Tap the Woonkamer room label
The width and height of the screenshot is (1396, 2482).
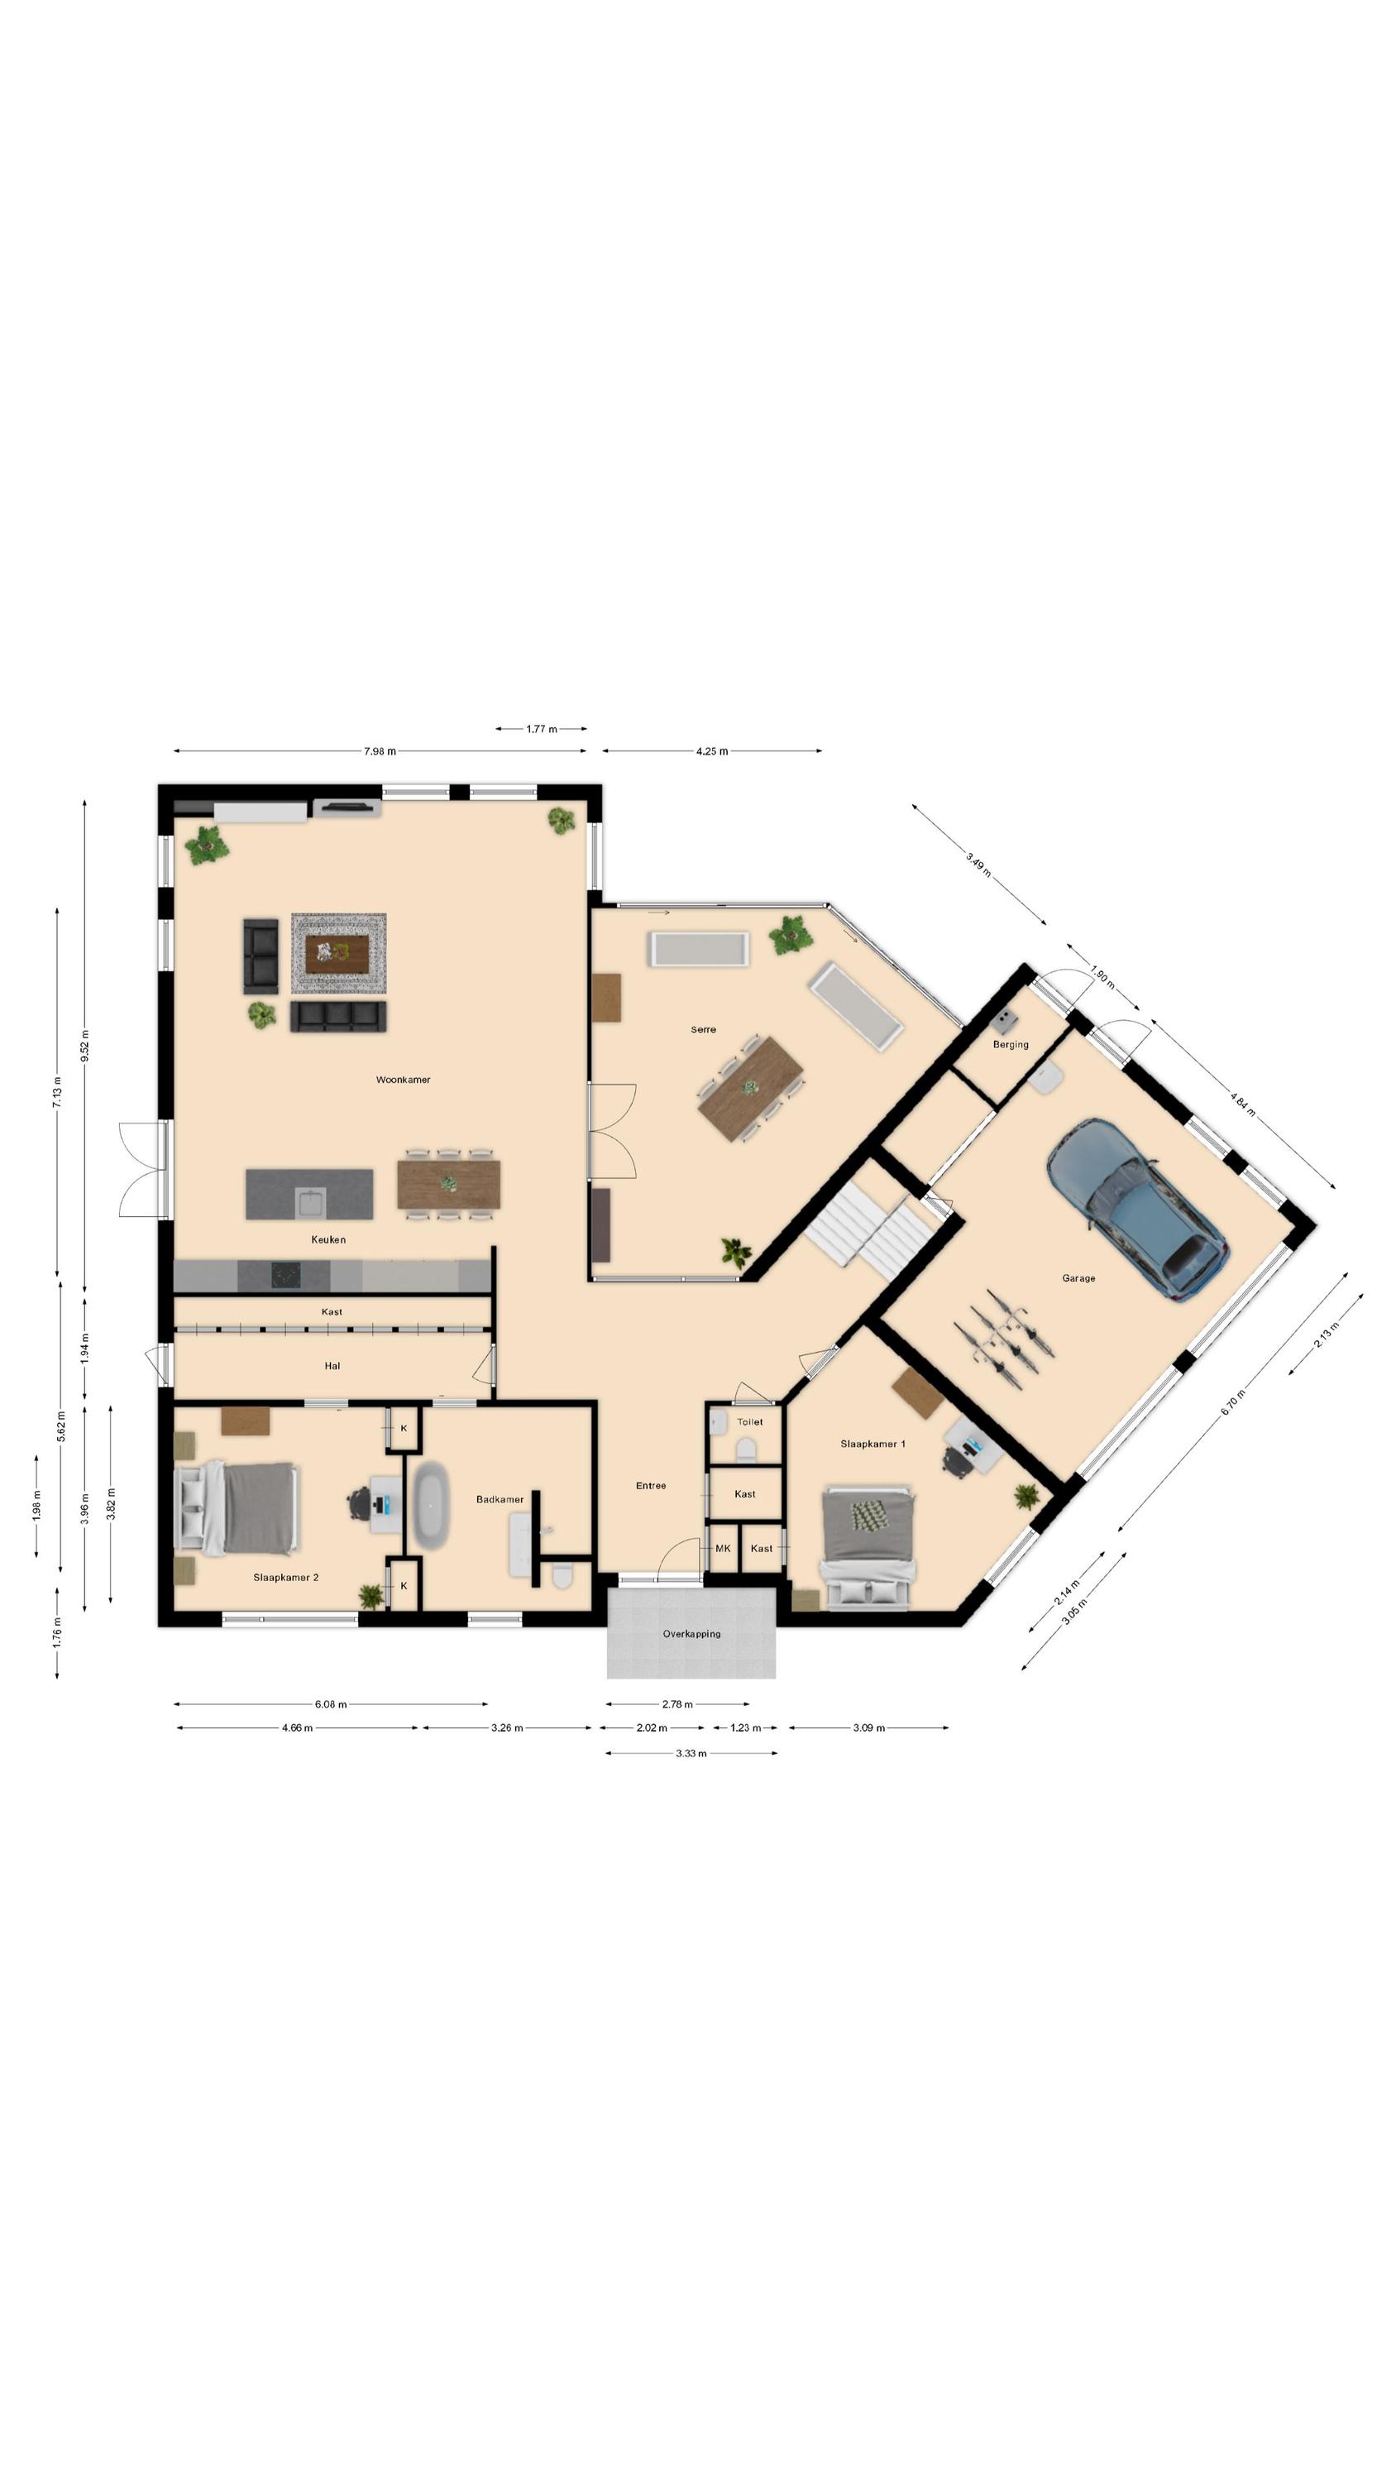pos(403,1080)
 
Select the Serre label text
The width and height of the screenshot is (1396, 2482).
pos(703,1030)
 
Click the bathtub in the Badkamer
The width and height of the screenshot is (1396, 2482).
pos(430,1505)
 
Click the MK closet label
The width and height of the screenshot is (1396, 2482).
pos(723,1549)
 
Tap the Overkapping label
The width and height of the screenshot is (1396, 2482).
pos(691,1633)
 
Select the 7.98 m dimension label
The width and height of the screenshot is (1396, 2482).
pos(380,751)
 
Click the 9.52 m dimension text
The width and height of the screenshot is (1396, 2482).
pos(85,1046)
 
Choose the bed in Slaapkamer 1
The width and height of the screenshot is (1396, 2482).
pos(867,1547)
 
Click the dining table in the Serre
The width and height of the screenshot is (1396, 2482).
pos(750,1089)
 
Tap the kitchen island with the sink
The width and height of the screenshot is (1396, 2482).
pos(309,1194)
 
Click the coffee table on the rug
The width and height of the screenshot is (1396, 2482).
pos(337,954)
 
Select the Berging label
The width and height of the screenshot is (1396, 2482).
pos(1011,1044)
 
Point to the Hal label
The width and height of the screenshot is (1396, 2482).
pos(332,1365)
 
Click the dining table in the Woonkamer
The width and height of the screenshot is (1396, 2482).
pos(449,1184)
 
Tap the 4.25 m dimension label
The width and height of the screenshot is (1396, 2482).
pos(712,751)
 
